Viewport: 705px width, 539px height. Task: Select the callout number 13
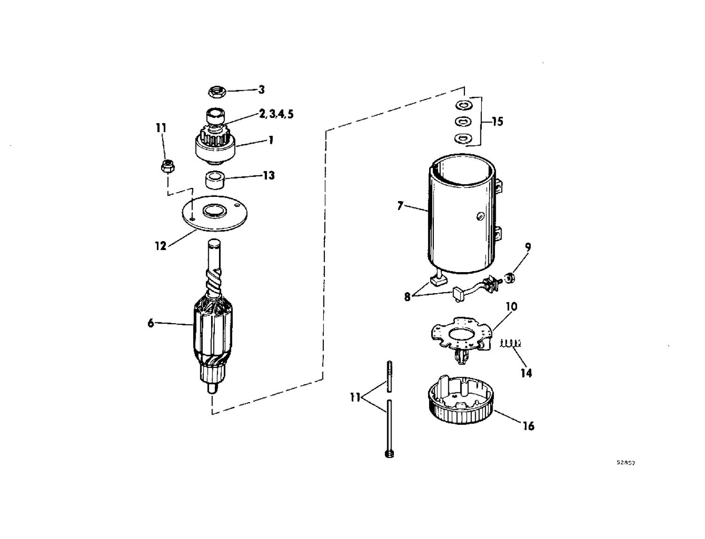(x=268, y=175)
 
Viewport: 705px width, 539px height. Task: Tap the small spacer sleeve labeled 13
(x=214, y=180)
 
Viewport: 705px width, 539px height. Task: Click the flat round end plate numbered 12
(x=214, y=213)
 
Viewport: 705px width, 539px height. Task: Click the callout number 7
(x=400, y=206)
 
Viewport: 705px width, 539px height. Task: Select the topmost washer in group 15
(x=463, y=105)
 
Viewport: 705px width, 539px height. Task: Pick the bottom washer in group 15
(x=463, y=138)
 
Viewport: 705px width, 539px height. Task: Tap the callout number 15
(x=497, y=122)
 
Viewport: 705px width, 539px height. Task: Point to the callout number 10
(x=512, y=306)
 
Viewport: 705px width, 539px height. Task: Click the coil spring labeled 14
(x=510, y=344)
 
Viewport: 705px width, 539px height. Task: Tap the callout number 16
(x=528, y=426)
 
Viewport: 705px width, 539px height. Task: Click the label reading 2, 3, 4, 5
(x=276, y=114)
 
